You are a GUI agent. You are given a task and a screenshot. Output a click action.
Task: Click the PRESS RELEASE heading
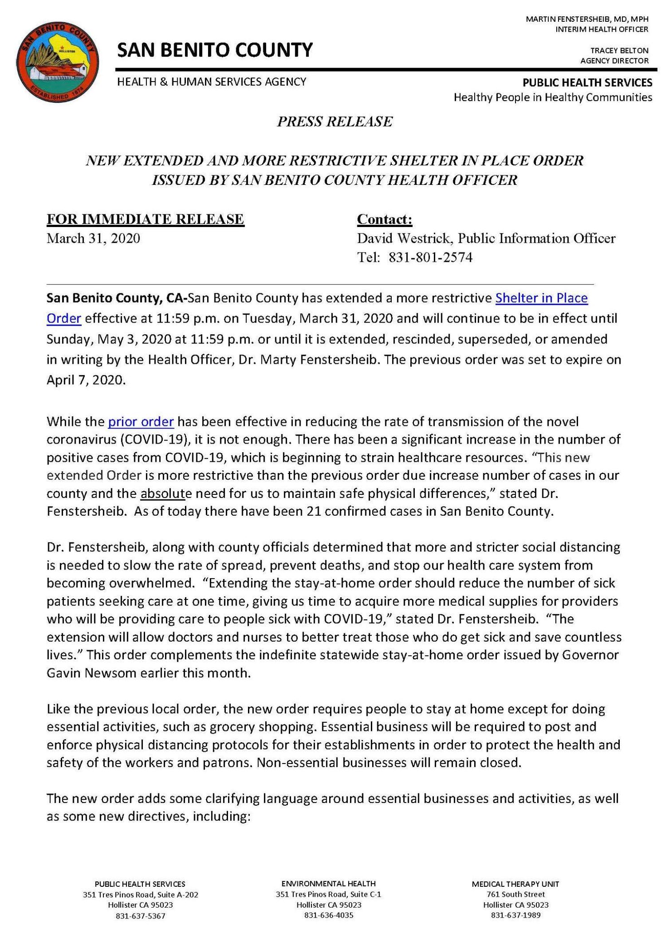335,121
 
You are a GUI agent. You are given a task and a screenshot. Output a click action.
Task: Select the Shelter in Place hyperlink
541,298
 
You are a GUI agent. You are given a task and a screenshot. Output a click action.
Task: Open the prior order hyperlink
141,422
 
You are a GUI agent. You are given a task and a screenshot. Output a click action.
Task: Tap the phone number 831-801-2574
430,258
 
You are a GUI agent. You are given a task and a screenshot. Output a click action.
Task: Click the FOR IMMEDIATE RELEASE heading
146,219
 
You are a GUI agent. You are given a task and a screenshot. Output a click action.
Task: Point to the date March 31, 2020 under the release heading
93,238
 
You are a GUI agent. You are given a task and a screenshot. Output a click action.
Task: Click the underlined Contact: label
384,219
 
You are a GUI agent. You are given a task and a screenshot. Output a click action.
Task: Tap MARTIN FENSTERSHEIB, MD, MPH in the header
587,19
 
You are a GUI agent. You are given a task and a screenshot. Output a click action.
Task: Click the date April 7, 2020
85,380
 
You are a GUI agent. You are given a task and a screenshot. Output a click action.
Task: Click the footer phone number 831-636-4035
328,915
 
